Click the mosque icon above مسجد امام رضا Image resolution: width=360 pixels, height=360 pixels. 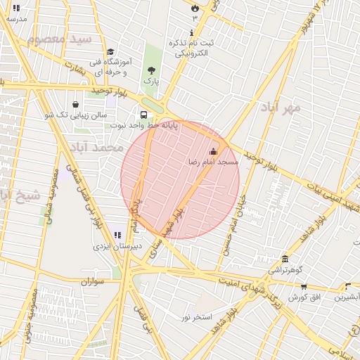214,151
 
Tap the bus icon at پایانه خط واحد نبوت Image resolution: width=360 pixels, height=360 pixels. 143,115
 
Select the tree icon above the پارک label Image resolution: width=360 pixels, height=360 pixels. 151,70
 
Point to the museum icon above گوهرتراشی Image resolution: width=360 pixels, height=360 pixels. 285,259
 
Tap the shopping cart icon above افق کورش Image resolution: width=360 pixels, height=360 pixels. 304,286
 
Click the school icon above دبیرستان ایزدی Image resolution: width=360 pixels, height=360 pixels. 117,236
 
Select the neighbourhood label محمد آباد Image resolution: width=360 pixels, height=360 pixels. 96,148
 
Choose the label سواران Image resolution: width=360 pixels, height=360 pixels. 92,281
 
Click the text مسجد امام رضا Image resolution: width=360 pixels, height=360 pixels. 212,162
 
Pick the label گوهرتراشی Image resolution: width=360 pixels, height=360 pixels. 285,269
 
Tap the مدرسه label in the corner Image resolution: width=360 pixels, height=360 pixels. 15,19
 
